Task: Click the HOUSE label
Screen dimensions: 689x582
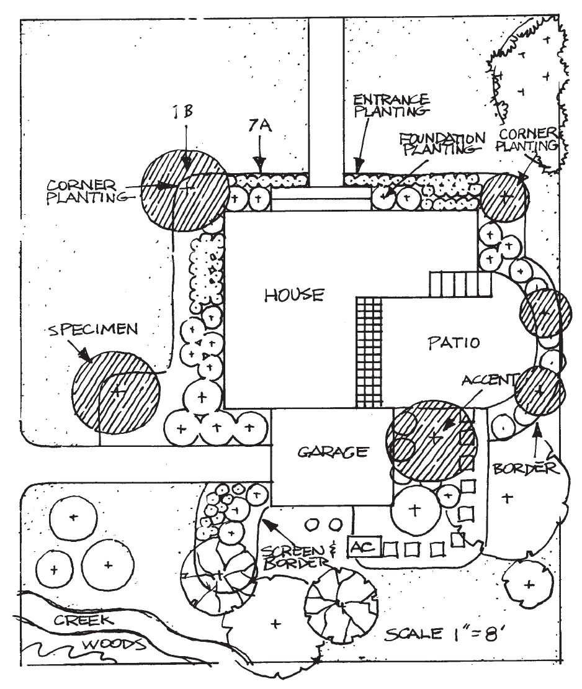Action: (294, 294)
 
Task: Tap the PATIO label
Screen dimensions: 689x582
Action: (454, 342)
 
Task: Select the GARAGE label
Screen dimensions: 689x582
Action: (333, 452)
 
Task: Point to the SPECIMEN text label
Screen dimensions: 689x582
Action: (92, 330)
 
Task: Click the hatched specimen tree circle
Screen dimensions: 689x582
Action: (116, 392)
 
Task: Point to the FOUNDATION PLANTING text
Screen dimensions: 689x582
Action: (441, 143)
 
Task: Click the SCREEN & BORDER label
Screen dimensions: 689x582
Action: (293, 557)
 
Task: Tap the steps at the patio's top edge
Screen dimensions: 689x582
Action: (460, 284)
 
